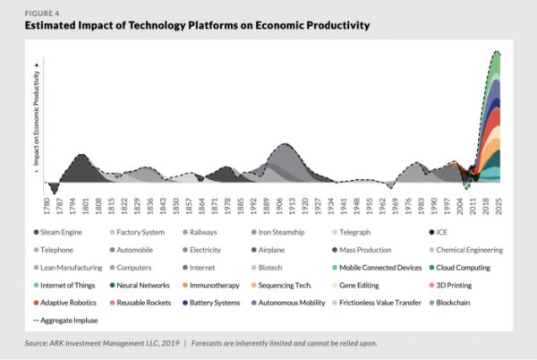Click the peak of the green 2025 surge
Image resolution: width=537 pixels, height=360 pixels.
pyautogui.click(x=497, y=54)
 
